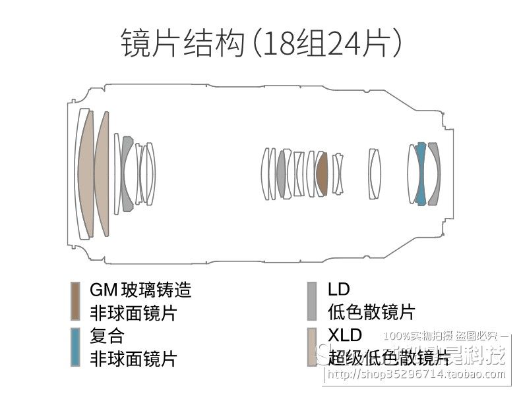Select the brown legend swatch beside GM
76,300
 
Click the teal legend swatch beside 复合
76,346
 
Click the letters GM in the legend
103,290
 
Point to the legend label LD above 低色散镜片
338,289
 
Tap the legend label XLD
345,335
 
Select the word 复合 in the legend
107,336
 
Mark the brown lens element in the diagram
322,174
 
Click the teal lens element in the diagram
419,173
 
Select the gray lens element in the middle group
282,174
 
